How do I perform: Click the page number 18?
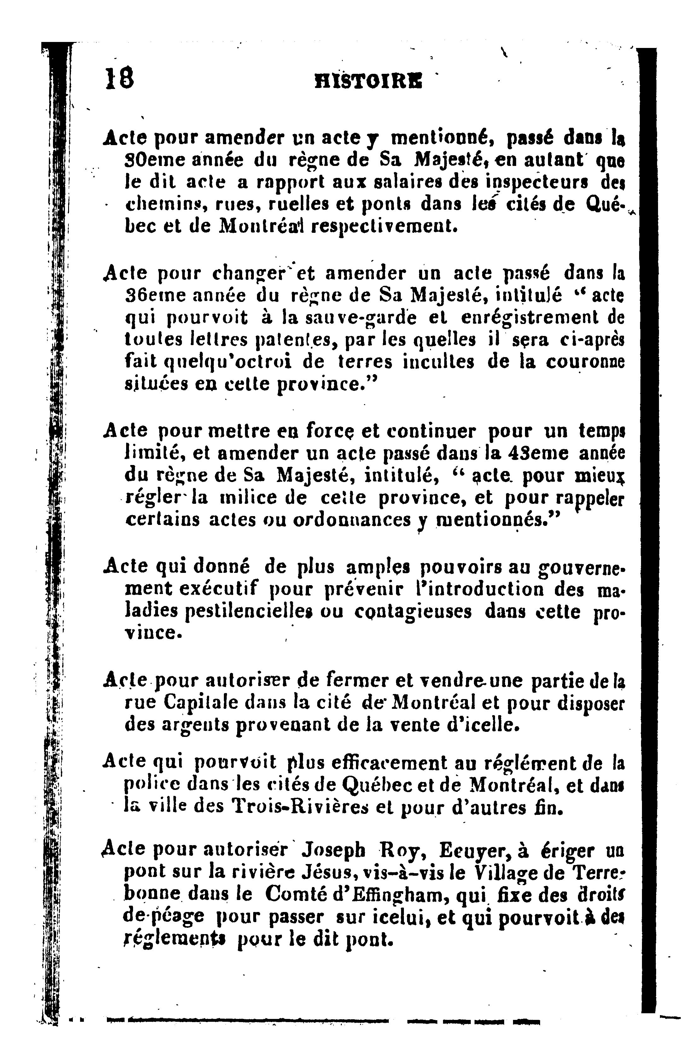pos(119,79)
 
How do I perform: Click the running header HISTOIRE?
pos(368,81)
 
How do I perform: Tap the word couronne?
pos(585,362)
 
